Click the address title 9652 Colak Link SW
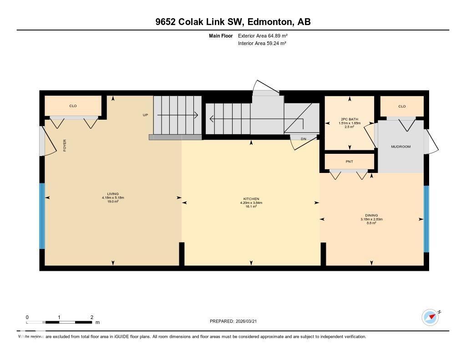point(233,22)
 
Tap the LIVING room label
point(113,194)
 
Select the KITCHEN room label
point(251,199)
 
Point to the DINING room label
point(371,215)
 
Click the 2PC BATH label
point(349,119)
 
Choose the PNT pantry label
point(349,162)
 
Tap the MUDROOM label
point(401,147)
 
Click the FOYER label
point(65,146)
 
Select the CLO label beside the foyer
point(73,106)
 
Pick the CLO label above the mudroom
point(402,106)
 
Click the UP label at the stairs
point(146,115)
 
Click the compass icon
point(430,317)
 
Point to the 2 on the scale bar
point(92,317)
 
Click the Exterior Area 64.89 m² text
point(263,35)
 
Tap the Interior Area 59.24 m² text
point(262,43)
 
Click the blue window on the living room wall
point(42,216)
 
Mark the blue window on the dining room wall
point(426,219)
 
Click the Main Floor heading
point(221,35)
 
